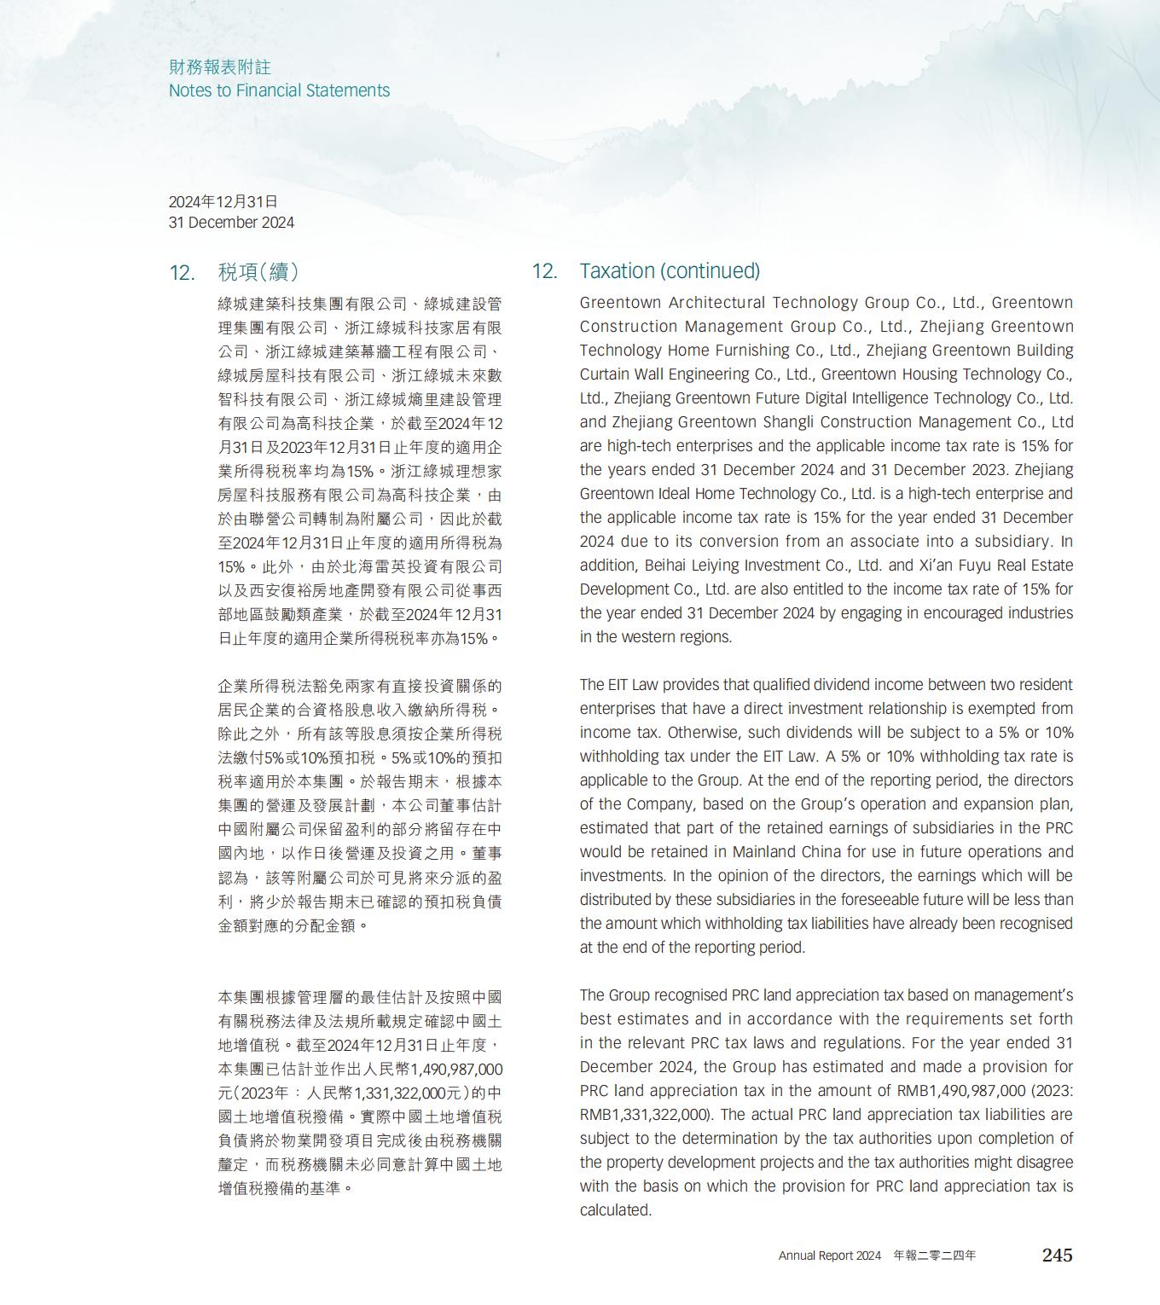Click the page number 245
tap(1057, 1255)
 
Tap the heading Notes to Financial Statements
tap(279, 90)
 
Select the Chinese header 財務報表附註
tap(219, 67)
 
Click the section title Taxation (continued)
tap(670, 270)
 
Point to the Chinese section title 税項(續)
tap(258, 272)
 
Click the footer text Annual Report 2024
tap(829, 1256)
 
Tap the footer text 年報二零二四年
tap(935, 1256)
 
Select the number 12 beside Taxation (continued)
tap(544, 271)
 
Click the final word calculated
tap(615, 1209)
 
